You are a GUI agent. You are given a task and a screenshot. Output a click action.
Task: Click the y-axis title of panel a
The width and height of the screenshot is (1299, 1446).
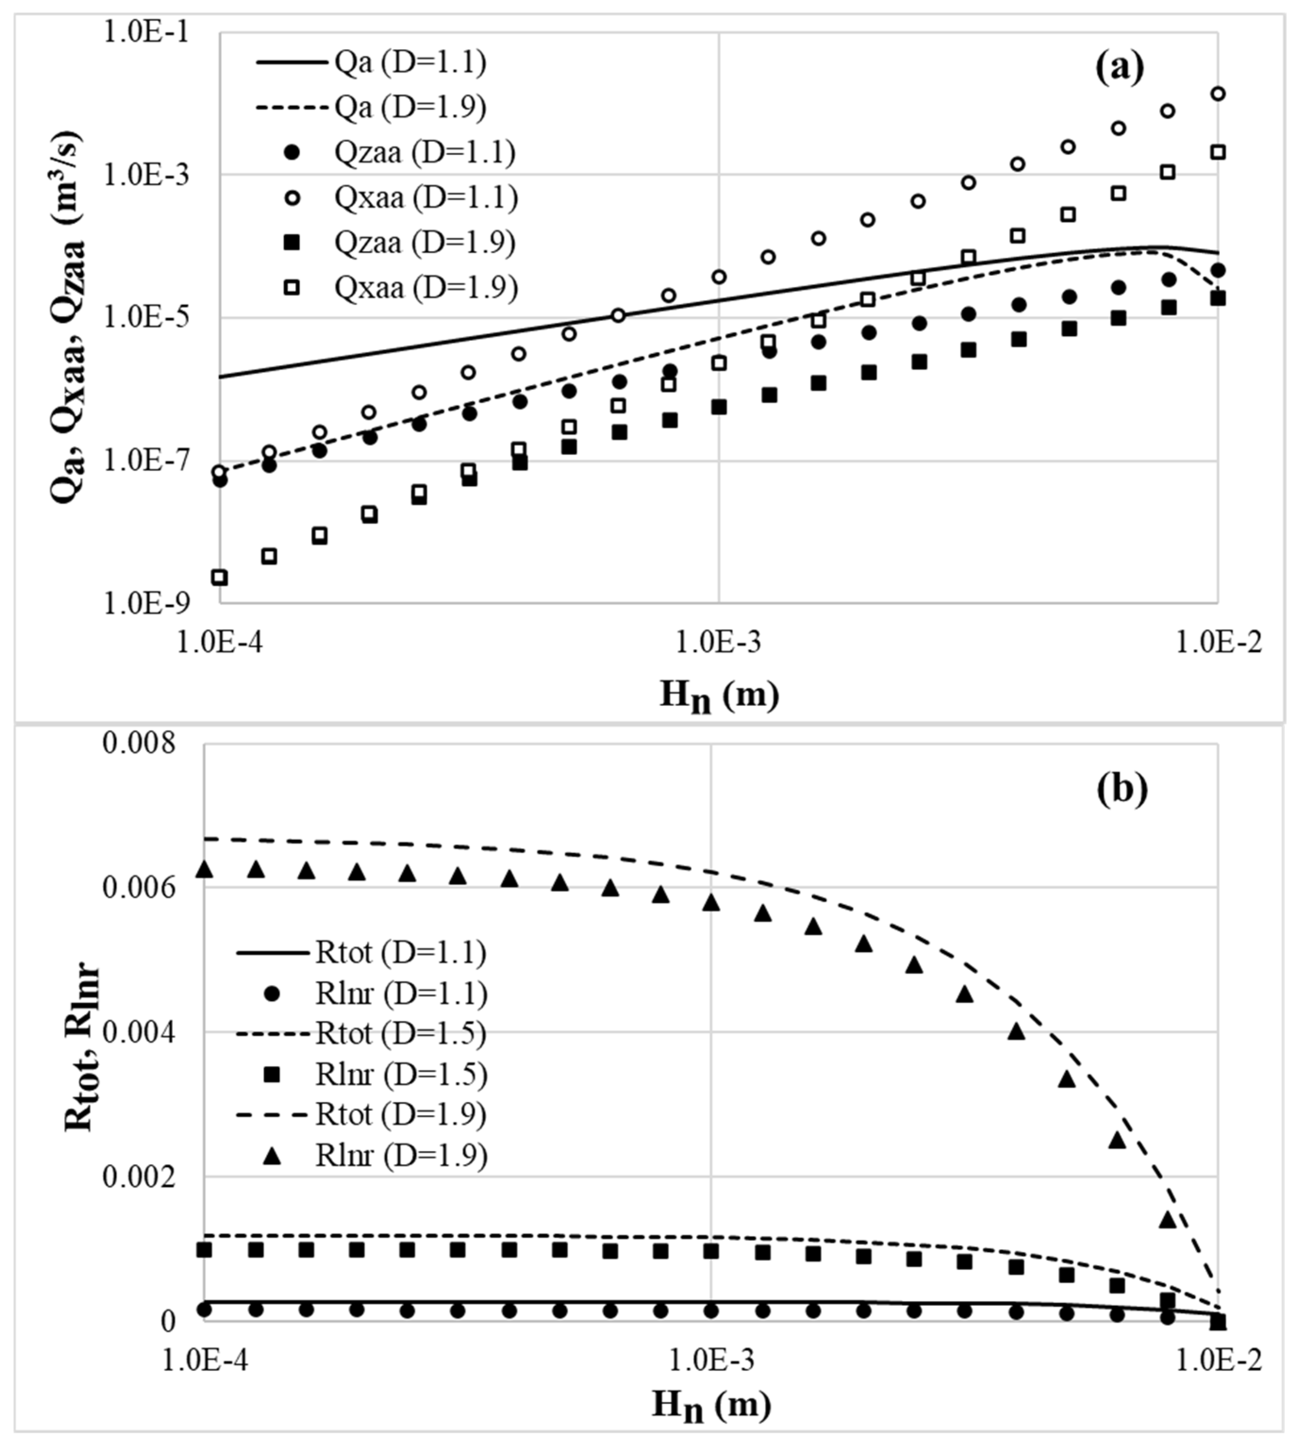coord(69,317)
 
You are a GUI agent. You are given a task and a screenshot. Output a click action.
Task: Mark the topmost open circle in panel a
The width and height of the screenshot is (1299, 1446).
coord(1218,93)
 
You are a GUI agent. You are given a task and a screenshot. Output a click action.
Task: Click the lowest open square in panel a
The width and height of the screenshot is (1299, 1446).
coord(220,577)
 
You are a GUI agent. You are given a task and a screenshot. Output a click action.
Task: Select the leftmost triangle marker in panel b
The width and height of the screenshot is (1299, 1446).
coord(204,869)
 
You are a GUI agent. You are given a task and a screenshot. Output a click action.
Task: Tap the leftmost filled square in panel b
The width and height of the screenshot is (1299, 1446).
coord(204,1250)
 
